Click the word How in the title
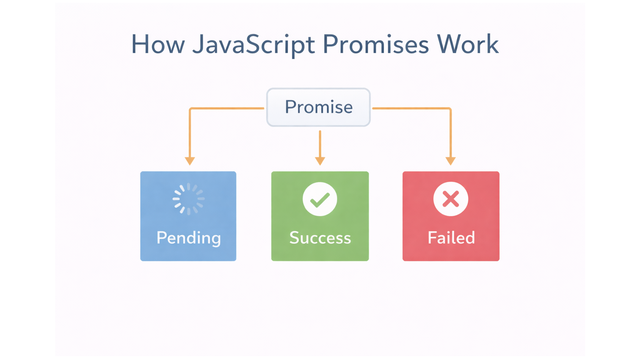(x=158, y=45)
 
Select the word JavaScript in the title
(x=253, y=45)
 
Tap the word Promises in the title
(x=375, y=45)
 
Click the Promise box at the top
(x=318, y=107)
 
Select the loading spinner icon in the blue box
(x=188, y=199)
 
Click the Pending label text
(x=188, y=238)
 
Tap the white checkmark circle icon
(x=320, y=199)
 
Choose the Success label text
(x=320, y=238)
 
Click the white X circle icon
(x=451, y=199)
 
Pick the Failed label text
(x=451, y=238)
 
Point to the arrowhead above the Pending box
(x=190, y=161)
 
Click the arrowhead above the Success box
(x=320, y=161)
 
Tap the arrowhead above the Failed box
(x=450, y=161)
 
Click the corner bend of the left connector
(x=190, y=109)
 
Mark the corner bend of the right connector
(x=450, y=109)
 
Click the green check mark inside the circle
(x=320, y=200)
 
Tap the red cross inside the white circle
(x=451, y=199)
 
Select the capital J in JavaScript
(x=197, y=45)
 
